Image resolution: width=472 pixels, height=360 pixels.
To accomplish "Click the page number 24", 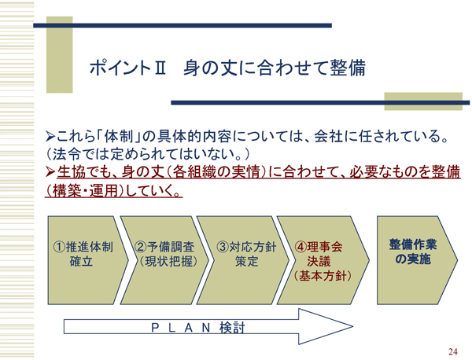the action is pyautogui.click(x=453, y=351).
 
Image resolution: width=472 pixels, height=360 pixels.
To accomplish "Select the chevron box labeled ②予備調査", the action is pyautogui.click(x=165, y=260).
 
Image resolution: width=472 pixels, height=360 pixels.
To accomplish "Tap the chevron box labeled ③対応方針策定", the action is pyautogui.click(x=243, y=260).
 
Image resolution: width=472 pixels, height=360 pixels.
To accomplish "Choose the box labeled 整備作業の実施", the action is pyautogui.click(x=417, y=260).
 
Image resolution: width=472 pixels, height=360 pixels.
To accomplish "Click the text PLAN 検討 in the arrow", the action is pyautogui.click(x=198, y=328).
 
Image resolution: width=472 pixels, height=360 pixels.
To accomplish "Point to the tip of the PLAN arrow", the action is pyautogui.click(x=352, y=326).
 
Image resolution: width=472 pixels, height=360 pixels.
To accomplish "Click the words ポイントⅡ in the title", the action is pyautogui.click(x=127, y=68).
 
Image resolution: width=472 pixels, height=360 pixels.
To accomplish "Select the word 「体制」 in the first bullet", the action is pyautogui.click(x=120, y=137).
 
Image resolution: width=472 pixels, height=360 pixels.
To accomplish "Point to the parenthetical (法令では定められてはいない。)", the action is pyautogui.click(x=148, y=154).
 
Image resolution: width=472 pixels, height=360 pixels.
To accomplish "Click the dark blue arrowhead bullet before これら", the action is pyautogui.click(x=50, y=137).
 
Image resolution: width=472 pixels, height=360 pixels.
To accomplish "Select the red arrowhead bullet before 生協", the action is pyautogui.click(x=50, y=172).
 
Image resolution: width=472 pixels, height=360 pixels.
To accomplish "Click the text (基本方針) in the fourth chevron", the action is pyautogui.click(x=323, y=276).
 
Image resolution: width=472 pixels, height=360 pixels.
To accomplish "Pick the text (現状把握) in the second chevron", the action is pyautogui.click(x=168, y=261).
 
